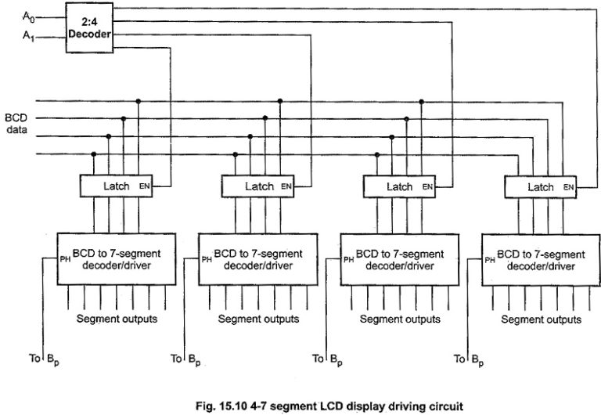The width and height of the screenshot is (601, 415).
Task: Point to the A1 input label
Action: click(28, 36)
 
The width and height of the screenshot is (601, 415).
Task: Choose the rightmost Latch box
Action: click(540, 187)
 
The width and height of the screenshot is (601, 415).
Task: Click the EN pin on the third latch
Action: click(427, 187)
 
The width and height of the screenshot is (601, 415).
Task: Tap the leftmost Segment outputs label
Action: click(116, 319)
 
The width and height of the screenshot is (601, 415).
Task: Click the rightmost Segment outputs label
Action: click(541, 319)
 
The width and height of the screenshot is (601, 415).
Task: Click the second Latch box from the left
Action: click(257, 186)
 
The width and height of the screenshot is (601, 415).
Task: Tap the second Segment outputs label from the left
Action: click(258, 319)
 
